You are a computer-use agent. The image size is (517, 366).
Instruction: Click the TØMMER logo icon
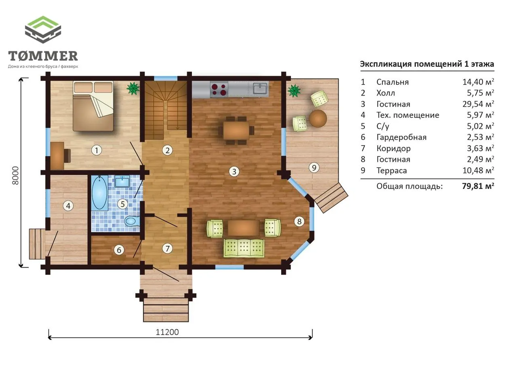43,30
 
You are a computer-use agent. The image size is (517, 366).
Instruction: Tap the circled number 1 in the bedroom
97,150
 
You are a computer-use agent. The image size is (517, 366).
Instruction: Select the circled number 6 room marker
119,250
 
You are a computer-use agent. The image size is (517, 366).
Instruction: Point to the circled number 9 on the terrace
314,167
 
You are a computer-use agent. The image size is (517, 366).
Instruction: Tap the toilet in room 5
132,221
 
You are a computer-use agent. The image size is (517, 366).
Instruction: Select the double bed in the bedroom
93,106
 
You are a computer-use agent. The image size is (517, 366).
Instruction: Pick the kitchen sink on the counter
260,89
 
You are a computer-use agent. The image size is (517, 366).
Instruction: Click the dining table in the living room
236,130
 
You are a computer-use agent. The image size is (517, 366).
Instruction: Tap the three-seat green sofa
244,248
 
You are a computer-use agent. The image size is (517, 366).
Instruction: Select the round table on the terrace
318,118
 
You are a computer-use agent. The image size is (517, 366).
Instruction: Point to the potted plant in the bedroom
133,89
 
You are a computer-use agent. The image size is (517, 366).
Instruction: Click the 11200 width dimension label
167,332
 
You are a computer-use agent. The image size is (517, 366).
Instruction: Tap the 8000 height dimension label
15,176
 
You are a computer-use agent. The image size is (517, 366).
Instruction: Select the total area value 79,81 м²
478,186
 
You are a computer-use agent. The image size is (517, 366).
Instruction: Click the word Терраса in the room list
392,171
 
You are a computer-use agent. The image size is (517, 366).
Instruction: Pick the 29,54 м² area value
478,104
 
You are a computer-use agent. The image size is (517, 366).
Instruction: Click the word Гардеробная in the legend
401,138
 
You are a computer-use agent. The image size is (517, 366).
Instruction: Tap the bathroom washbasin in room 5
122,182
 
